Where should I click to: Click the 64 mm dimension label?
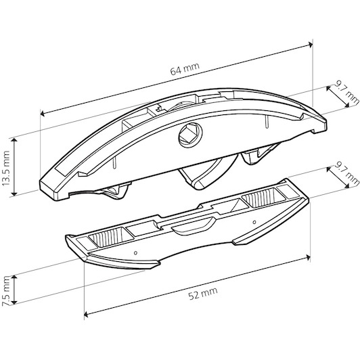tap(185, 68)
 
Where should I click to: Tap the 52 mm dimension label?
tap(203, 294)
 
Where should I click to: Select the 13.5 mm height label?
tap(5, 168)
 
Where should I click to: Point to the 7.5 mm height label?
tap(5, 291)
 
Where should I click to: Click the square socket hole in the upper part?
tap(190, 135)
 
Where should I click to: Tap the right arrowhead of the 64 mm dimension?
tap(311, 44)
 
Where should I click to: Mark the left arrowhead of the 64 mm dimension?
tap(43, 114)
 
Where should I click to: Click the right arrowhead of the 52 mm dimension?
tap(308, 257)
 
